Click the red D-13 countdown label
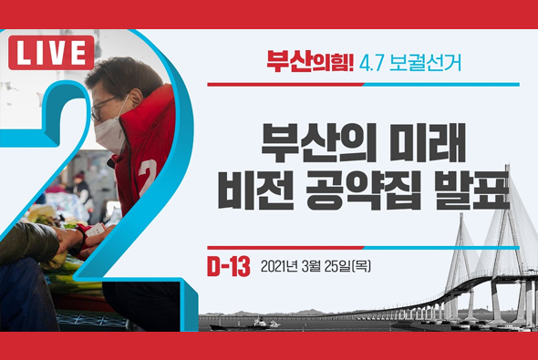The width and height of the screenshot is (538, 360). pyautogui.click(x=227, y=266)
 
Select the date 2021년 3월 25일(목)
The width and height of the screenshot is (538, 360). pyautogui.click(x=315, y=267)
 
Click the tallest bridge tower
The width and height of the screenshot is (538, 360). pyautogui.click(x=516, y=237)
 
